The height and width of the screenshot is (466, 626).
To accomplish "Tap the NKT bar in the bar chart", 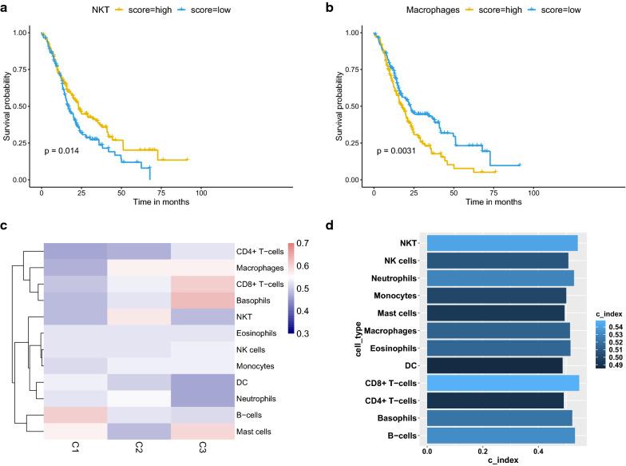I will coord(501,243).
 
